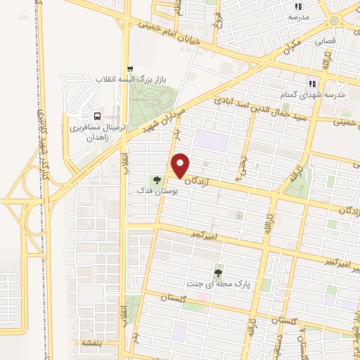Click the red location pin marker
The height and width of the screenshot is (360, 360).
[181, 165]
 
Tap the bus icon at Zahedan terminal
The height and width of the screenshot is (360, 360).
[97, 117]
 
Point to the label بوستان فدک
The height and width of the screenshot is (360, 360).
[157, 191]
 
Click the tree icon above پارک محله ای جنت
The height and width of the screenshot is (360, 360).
[219, 273]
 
